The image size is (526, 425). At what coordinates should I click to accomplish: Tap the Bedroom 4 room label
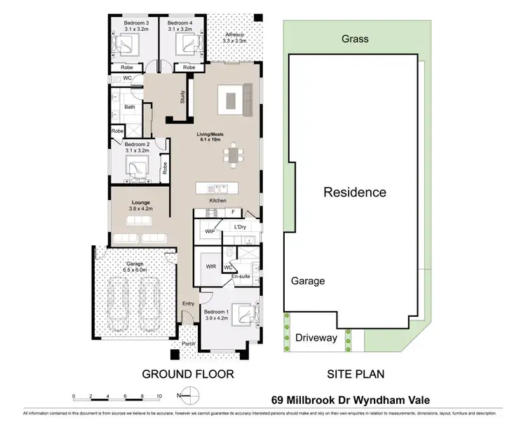click(180, 23)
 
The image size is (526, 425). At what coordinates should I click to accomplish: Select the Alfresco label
click(234, 35)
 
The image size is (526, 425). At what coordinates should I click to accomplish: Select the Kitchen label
click(217, 202)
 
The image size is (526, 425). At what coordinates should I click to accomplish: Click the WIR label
click(210, 266)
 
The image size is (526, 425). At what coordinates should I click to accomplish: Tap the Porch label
click(188, 344)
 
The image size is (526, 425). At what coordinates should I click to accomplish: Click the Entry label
click(188, 303)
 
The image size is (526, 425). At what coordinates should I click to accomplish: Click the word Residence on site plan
click(354, 192)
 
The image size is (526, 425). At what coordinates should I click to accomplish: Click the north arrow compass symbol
click(186, 395)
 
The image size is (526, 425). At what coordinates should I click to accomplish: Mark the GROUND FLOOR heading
click(189, 374)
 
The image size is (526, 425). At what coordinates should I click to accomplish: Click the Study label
click(182, 97)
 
